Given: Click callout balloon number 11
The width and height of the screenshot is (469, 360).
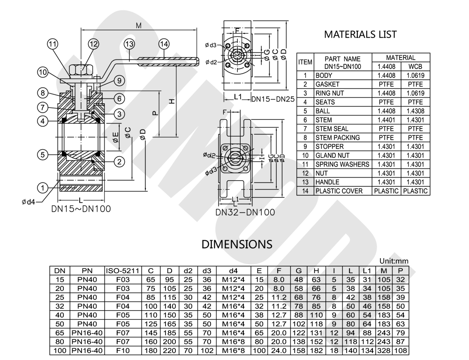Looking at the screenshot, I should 53,44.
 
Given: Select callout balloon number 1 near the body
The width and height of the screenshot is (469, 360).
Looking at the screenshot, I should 43,188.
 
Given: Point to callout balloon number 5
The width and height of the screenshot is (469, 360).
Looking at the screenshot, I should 43,154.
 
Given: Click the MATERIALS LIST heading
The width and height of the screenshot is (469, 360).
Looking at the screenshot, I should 360,34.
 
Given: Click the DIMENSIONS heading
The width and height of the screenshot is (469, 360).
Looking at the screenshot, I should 237,244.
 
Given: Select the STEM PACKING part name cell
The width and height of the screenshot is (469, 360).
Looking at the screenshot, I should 338,138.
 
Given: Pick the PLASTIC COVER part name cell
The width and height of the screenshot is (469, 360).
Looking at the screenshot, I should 338,191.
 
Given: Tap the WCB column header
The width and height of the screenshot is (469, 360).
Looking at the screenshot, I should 415,66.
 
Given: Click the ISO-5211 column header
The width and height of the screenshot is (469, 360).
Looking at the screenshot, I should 123,270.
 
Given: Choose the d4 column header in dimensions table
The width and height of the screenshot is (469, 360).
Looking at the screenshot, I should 233,270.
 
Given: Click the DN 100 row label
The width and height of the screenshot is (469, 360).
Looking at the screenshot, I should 60,351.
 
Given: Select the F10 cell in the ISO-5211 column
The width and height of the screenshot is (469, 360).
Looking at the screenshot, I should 123,351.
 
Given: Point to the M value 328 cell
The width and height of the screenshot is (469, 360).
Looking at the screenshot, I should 384,351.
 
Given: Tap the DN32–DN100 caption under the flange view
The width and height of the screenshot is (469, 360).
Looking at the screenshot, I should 245,212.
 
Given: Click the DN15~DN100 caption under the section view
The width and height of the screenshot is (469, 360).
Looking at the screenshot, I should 81,209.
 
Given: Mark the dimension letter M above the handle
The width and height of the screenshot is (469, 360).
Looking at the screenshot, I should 139,26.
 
